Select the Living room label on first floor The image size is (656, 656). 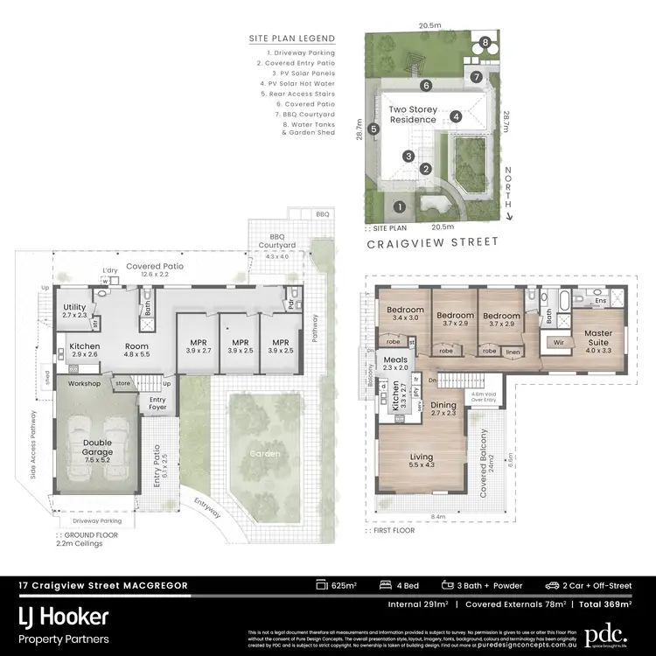click(422, 460)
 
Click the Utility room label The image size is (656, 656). click(75, 309)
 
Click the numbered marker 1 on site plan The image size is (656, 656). click(399, 207)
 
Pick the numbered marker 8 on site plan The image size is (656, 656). click(484, 43)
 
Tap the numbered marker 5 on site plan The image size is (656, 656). click(373, 129)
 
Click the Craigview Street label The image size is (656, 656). click(431, 242)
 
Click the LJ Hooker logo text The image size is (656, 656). click(64, 617)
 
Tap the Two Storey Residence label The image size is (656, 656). click(412, 114)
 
